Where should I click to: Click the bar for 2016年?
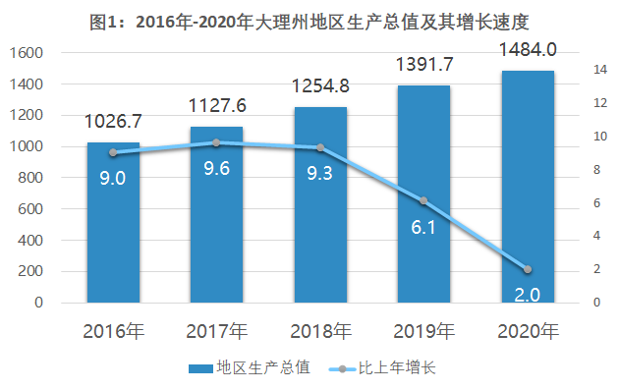point(113,222)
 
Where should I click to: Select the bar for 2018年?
point(320,204)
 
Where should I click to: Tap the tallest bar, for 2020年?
point(528,187)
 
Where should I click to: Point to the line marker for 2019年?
point(423,200)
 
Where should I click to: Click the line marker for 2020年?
point(528,269)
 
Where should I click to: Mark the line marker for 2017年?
point(216,142)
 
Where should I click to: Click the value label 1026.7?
point(113,121)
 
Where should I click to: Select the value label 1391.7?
point(424,64)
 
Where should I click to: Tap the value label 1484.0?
point(528,50)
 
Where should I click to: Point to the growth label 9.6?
point(217,169)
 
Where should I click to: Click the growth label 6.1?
point(423,227)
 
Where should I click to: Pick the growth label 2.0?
point(528,295)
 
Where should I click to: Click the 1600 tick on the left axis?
point(27,53)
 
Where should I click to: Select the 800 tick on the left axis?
point(30,178)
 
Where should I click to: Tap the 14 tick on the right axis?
point(600,70)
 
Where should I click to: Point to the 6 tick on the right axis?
point(596,203)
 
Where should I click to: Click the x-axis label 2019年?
point(424,331)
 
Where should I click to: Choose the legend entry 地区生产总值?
point(250,367)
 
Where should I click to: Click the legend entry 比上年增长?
point(382,367)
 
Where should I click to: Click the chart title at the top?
point(309,22)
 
